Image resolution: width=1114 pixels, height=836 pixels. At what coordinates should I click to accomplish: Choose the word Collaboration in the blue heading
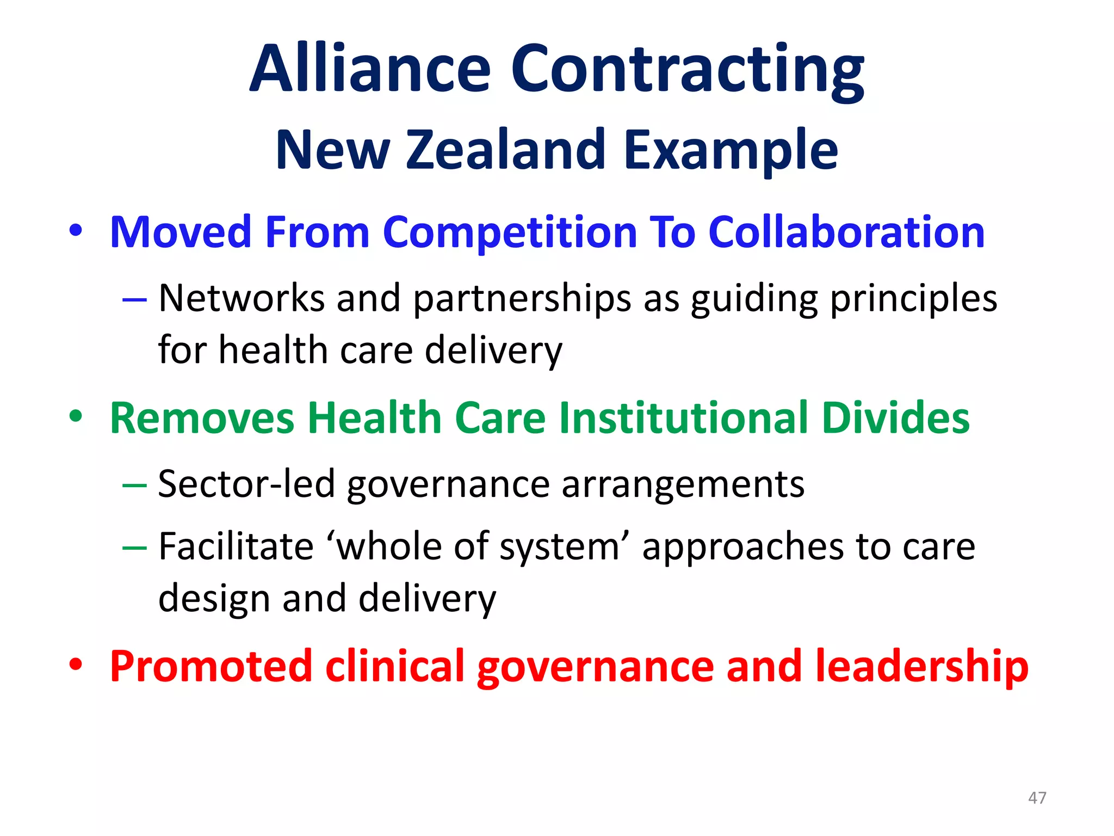click(846, 232)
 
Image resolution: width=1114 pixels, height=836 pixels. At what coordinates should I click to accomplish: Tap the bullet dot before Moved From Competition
click(76, 231)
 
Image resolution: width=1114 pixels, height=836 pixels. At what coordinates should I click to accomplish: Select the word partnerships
click(522, 299)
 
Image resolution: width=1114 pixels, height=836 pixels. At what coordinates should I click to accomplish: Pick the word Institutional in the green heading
click(684, 418)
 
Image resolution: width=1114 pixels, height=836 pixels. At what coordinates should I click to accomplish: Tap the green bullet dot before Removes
click(76, 416)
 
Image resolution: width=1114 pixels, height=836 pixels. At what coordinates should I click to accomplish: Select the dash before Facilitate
click(134, 547)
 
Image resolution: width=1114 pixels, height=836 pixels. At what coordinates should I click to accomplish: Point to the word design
click(214, 599)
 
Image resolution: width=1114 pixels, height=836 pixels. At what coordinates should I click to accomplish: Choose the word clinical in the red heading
click(395, 666)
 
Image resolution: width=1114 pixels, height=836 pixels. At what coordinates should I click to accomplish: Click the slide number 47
click(1037, 798)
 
